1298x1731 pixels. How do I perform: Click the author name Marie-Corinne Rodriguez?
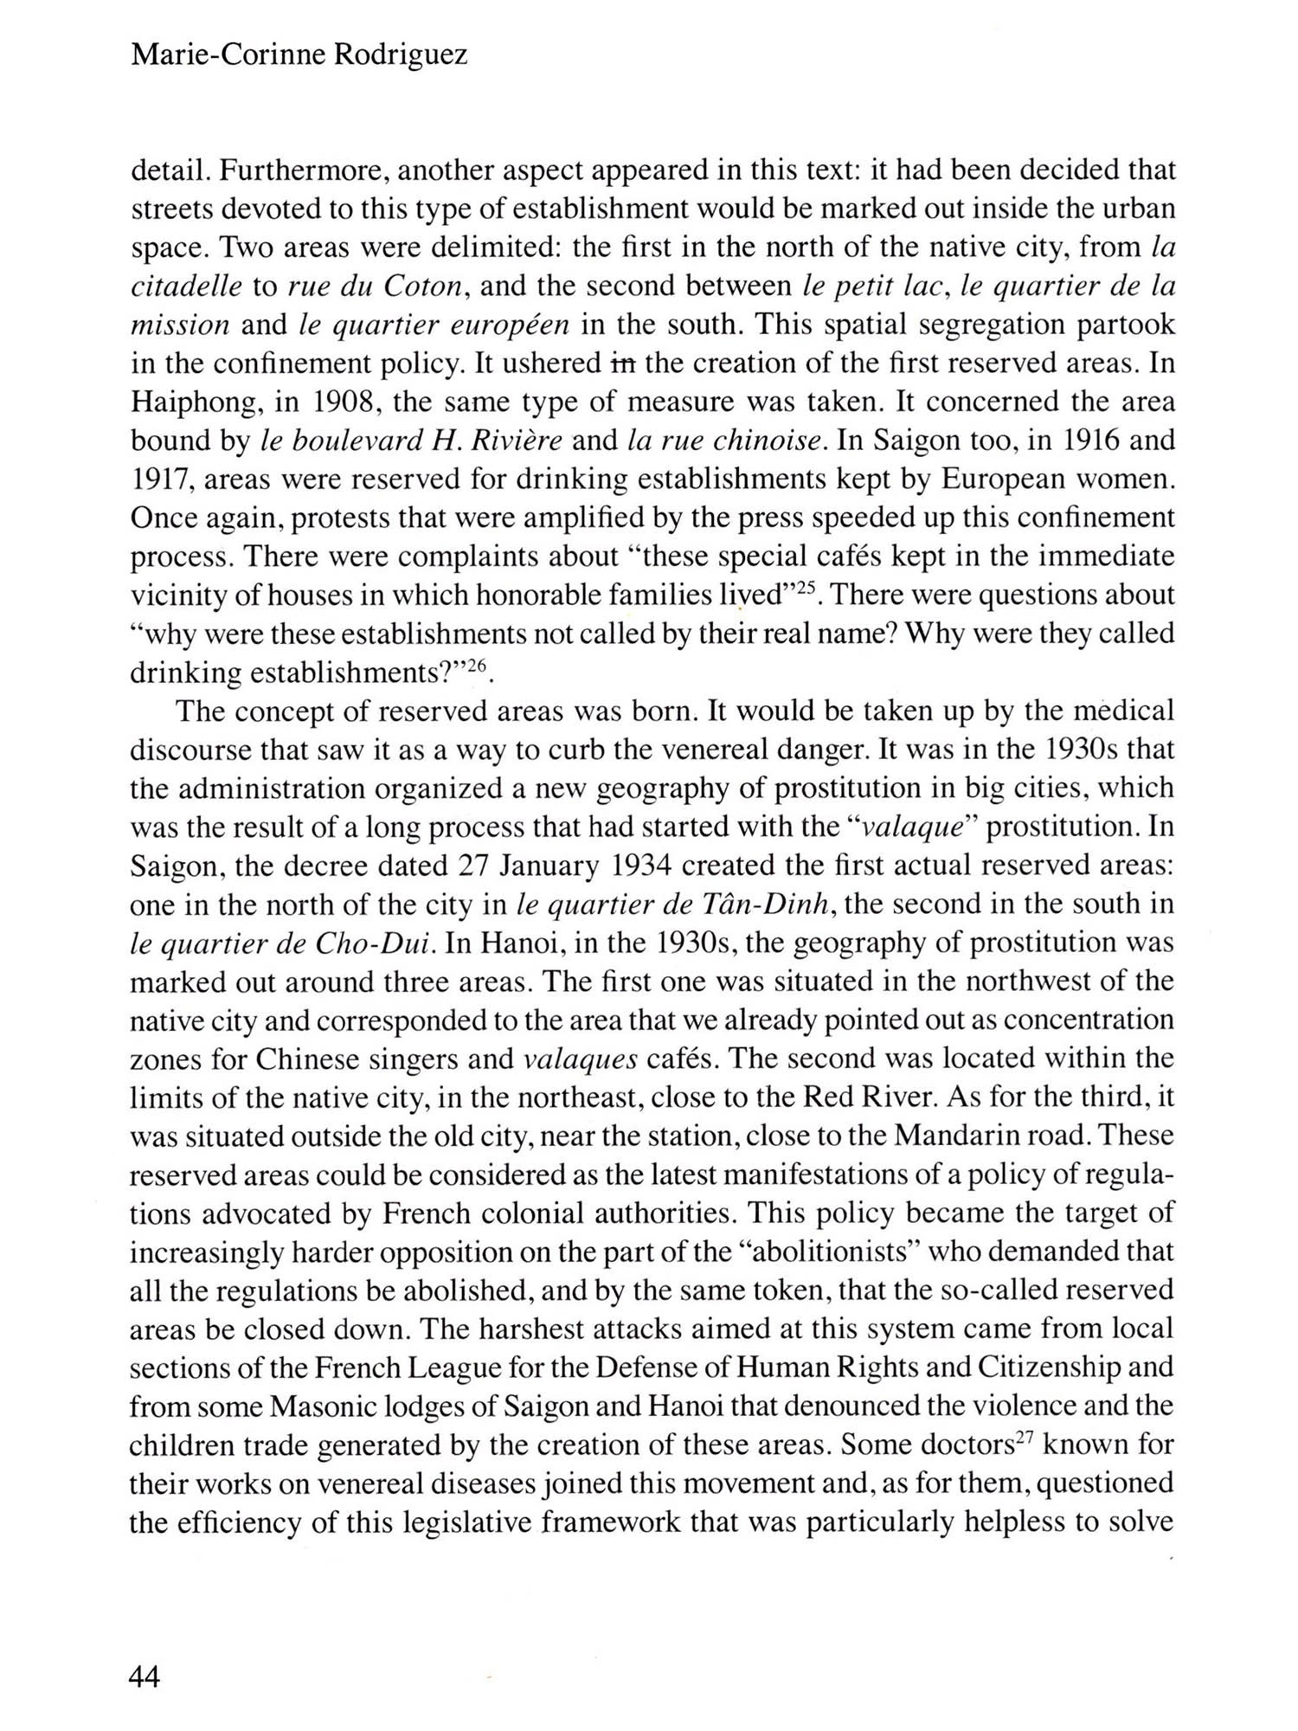(299, 55)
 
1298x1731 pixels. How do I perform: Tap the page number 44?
(145, 1677)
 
